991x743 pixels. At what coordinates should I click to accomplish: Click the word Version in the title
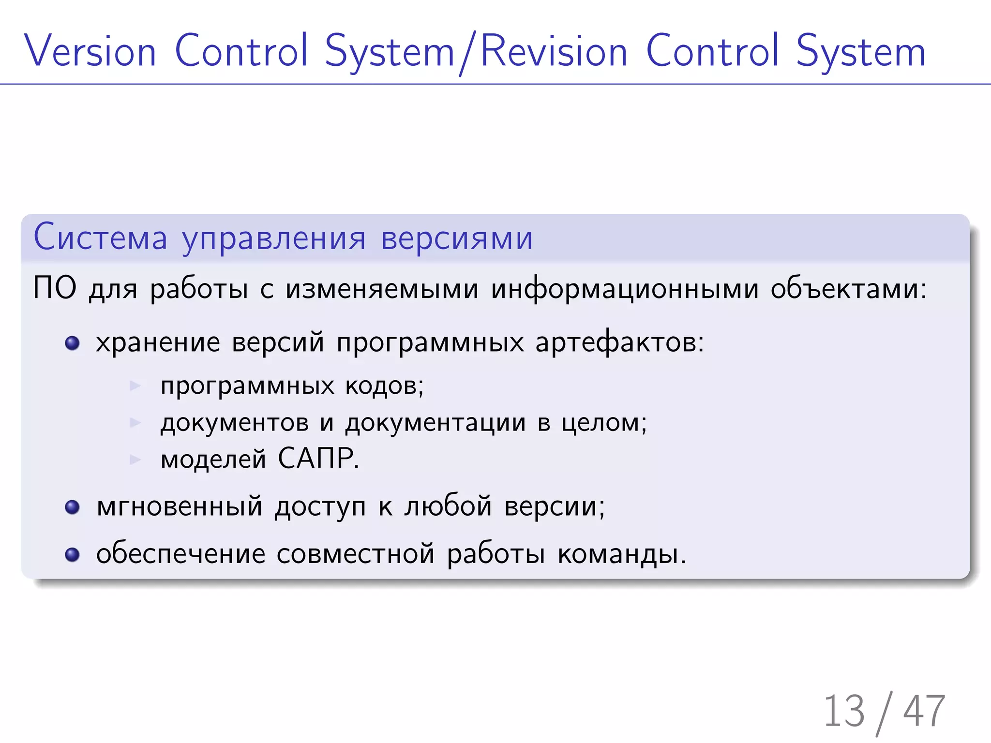pos(90,51)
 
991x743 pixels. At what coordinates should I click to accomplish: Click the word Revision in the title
pos(554,51)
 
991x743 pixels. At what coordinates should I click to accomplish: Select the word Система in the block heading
pos(100,238)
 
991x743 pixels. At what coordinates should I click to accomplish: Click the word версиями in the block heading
pos(457,238)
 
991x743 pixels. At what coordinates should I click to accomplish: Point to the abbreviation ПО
pos(55,288)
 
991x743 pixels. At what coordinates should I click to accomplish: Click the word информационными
pos(625,289)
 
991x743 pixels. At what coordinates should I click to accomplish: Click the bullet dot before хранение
pos(72,343)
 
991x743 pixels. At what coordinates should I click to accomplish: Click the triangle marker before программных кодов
pos(135,386)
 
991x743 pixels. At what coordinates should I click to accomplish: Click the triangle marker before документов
pos(135,422)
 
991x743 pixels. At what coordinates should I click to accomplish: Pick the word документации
pos(435,423)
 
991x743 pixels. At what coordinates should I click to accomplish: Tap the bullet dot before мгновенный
pos(72,507)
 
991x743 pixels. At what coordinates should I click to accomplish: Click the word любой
pos(448,506)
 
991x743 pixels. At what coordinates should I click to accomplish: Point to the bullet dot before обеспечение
pos(72,554)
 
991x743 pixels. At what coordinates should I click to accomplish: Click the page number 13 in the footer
pos(844,711)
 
